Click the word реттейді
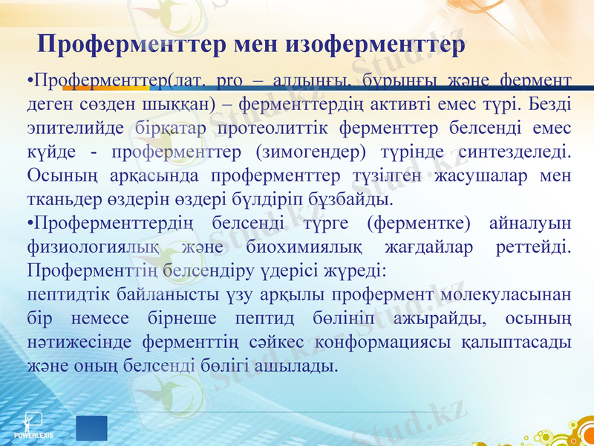click(x=533, y=247)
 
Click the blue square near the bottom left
click(x=91, y=429)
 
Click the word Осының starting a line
click(x=56, y=176)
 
